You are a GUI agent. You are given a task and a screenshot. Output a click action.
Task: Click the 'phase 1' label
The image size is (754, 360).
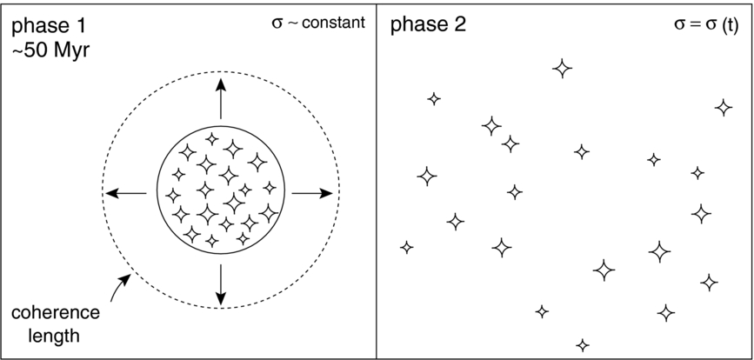[x=49, y=26]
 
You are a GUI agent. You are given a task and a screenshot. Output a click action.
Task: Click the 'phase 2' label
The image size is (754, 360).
[x=428, y=25]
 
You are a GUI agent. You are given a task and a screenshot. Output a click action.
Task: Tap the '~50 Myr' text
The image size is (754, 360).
[x=50, y=50]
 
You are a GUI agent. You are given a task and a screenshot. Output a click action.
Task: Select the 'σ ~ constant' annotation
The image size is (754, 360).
[x=318, y=23]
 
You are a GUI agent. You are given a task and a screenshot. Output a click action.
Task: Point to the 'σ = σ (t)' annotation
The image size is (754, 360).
[x=706, y=25]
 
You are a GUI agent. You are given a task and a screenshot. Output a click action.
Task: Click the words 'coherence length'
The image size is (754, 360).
[x=56, y=323]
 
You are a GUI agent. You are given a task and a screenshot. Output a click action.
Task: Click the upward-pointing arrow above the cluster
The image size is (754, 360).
[x=220, y=98]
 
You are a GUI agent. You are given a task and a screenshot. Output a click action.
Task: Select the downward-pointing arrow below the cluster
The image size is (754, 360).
[x=220, y=284]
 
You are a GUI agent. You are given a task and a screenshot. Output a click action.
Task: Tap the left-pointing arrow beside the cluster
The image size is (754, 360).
[x=126, y=193]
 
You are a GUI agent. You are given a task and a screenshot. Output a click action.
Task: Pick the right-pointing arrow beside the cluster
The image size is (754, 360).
[x=312, y=193]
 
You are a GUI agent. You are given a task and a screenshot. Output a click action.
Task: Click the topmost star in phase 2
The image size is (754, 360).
[x=562, y=68]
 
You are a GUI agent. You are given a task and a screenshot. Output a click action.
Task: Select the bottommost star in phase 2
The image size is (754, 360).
[x=583, y=345]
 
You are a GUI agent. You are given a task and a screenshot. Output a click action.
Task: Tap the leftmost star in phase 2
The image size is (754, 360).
[x=407, y=248]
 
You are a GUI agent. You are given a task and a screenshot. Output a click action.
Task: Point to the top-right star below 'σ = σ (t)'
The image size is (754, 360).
[x=724, y=108]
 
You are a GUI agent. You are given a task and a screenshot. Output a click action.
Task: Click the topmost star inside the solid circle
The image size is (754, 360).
[x=211, y=139]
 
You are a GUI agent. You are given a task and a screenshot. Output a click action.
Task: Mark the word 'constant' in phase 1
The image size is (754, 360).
[x=334, y=23]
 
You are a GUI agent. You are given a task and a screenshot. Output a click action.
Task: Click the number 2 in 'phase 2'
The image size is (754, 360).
[x=459, y=25]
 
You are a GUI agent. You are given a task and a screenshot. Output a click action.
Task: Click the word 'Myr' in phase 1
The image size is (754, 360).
[x=71, y=50]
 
